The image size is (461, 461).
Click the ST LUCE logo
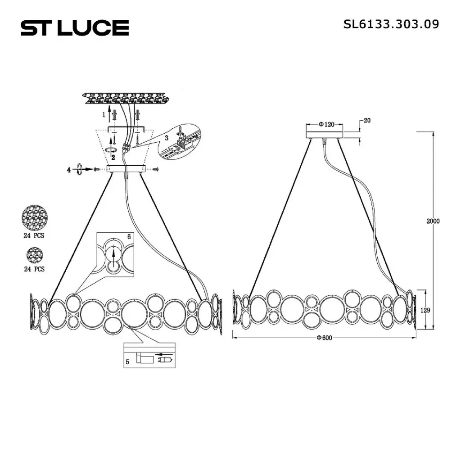coord(75,28)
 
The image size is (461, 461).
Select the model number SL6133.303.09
coord(391,24)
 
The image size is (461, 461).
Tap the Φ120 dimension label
coord(326,124)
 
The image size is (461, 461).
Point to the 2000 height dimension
coord(433,221)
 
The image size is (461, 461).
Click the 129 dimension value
coord(425,310)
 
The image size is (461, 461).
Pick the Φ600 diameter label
coord(324,338)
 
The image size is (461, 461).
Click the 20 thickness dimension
coord(367,120)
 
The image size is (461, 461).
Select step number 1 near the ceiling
coord(104,115)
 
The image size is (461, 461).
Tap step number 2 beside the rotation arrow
coord(113,158)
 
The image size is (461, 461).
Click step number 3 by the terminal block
coord(167,138)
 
